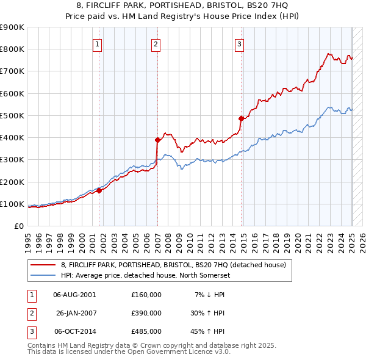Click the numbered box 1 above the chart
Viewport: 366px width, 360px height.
pyautogui.click(x=98, y=43)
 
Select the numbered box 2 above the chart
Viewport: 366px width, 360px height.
pyautogui.click(x=156, y=43)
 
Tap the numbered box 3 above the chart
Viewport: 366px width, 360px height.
pyautogui.click(x=240, y=43)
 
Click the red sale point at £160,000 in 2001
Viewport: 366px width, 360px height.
pyautogui.click(x=99, y=190)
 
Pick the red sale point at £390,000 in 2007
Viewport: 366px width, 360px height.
pyautogui.click(x=157, y=140)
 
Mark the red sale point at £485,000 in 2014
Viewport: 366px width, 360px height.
pyautogui.click(x=241, y=119)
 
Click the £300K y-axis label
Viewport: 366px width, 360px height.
pyautogui.click(x=12, y=160)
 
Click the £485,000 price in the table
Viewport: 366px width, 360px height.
pyautogui.click(x=146, y=331)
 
